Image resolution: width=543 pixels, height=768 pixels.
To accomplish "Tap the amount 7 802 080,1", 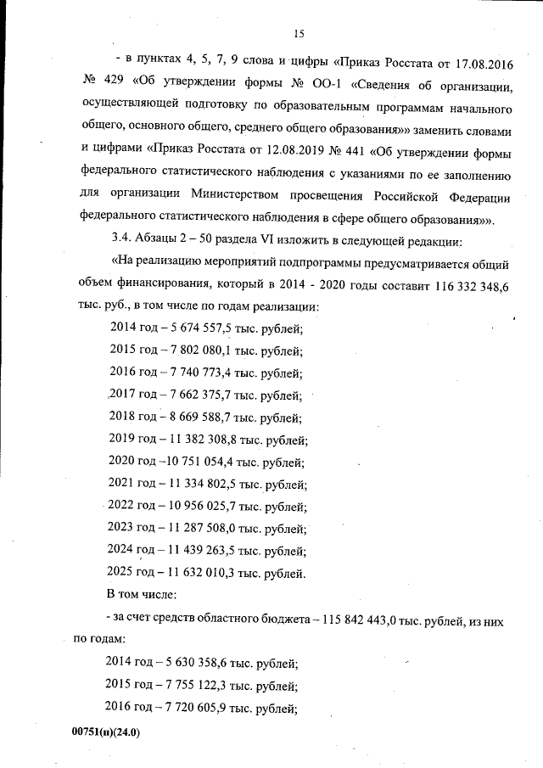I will tap(195, 350).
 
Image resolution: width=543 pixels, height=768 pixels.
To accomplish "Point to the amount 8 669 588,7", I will tap(195, 417).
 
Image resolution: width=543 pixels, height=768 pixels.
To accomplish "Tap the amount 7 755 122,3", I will tap(192, 684).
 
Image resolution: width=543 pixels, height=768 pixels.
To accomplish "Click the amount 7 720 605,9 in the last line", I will tap(192, 707).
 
